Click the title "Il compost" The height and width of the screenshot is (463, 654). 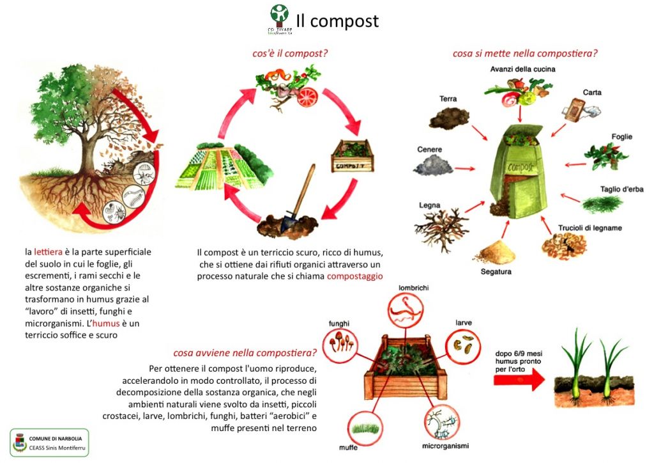337,20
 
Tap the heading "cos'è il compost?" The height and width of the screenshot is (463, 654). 290,54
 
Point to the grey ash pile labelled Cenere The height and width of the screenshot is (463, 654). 434,165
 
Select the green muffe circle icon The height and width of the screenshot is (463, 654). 366,426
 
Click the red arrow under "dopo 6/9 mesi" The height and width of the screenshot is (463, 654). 519,379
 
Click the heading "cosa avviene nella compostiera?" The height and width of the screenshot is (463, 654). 245,352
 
